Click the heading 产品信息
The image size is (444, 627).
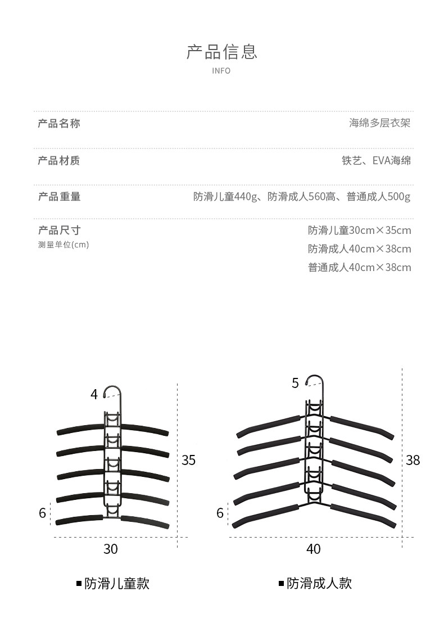tap(221, 52)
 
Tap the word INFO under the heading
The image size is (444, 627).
tap(221, 71)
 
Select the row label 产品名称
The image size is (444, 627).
tap(59, 123)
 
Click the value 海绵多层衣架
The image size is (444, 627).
tap(380, 123)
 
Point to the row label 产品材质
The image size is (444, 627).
tap(59, 161)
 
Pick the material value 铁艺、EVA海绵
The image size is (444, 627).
tap(376, 161)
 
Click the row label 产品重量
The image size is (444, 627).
tap(59, 196)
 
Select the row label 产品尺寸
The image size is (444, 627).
tap(59, 230)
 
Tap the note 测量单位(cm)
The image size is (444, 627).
tap(64, 245)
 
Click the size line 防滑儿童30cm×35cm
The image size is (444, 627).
tap(359, 230)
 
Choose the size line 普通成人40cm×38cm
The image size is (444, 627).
tap(359, 267)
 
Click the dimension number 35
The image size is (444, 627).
tap(189, 460)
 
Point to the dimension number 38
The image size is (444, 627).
tap(413, 460)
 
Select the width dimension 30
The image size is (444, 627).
tap(111, 549)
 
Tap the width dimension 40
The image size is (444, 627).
tap(314, 549)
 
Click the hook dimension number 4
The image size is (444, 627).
tap(94, 395)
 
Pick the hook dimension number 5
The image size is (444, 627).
tap(296, 384)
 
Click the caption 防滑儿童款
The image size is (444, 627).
tap(117, 584)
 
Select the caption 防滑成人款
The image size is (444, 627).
tap(319, 584)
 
